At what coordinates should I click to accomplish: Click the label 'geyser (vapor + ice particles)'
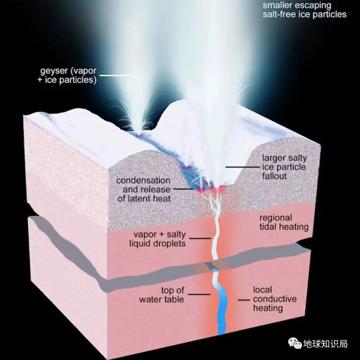68,76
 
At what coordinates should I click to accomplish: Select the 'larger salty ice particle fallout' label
284,167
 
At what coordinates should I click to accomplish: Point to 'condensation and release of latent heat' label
143,189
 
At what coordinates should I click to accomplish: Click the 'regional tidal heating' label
284,222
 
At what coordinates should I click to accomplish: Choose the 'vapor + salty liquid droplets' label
157,238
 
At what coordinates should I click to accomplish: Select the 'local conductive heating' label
274,299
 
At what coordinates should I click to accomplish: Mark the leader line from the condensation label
183,189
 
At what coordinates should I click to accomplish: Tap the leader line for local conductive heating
244,300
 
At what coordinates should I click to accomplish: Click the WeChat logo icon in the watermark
295,343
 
